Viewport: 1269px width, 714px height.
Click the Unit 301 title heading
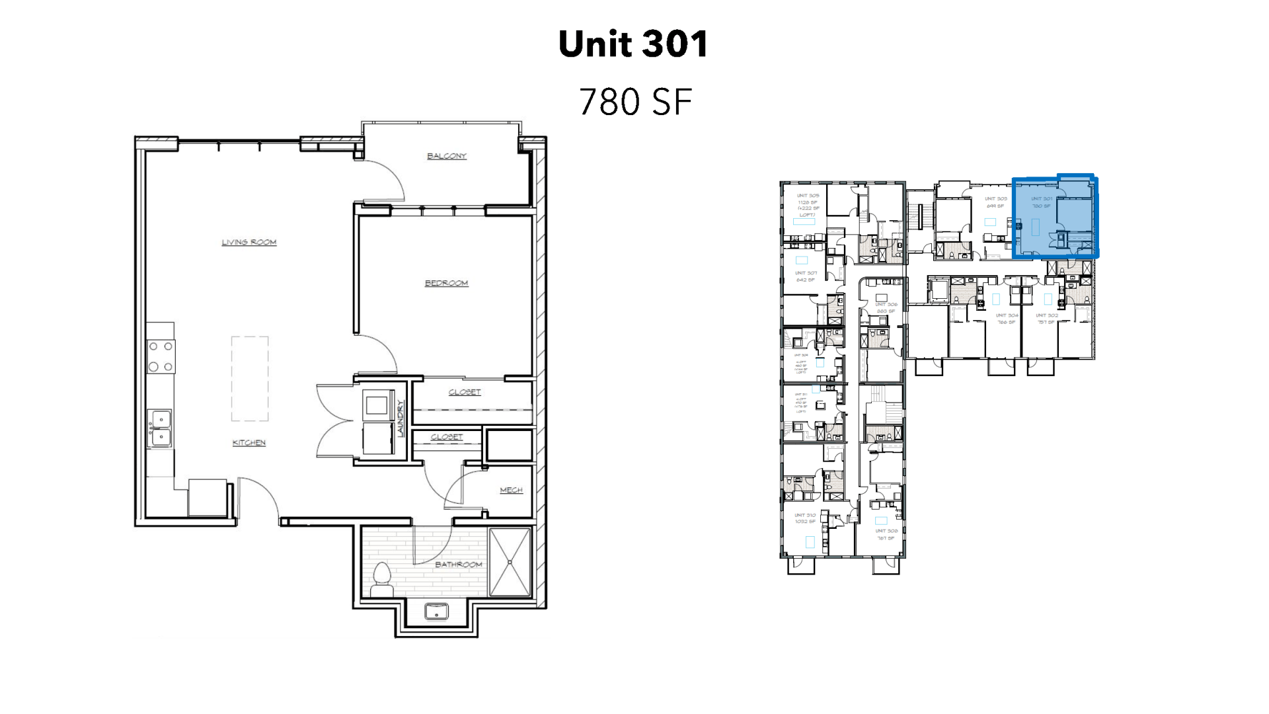[x=633, y=44]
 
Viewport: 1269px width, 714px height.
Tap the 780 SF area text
[x=634, y=102]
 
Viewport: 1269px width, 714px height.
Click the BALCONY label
[x=446, y=156]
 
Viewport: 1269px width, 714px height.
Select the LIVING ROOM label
[x=249, y=242]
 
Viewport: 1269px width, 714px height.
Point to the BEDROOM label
[x=446, y=283]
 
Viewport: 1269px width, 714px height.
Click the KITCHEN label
[x=249, y=442]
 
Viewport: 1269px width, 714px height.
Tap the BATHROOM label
[x=458, y=564]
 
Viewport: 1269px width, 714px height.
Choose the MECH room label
[x=511, y=490]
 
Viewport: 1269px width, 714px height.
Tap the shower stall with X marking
[x=510, y=562]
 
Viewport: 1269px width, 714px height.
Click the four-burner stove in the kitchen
[x=161, y=356]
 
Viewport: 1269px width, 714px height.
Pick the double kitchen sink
[x=159, y=428]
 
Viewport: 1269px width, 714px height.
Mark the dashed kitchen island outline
[x=250, y=379]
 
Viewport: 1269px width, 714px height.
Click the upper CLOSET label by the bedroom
[x=465, y=392]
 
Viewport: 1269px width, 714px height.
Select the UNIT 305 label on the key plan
[x=807, y=196]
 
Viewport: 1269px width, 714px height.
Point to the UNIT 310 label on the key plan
[x=805, y=515]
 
